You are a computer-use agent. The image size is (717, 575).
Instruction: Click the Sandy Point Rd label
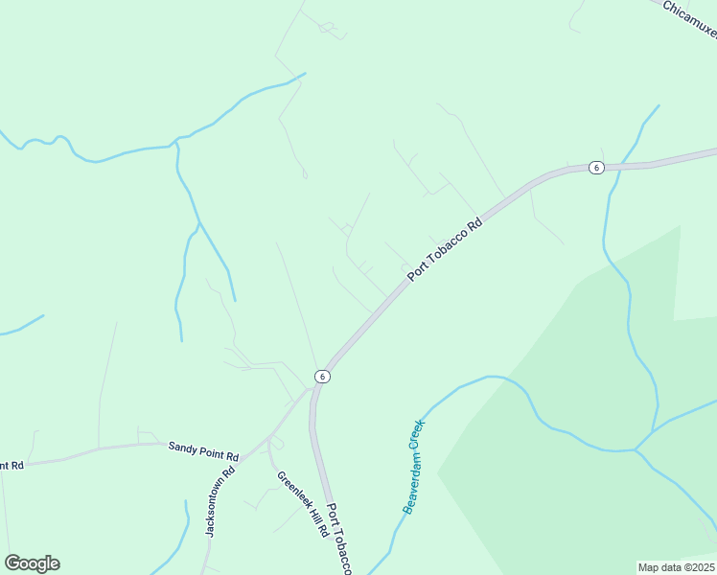tap(202, 447)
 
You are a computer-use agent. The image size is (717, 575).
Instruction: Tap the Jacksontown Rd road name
tap(217, 503)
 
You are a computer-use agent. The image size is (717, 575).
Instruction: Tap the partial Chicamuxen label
tap(691, 19)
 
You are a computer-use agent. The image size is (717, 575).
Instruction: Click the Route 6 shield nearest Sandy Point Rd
tap(323, 377)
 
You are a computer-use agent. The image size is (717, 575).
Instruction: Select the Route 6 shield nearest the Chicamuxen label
tap(596, 168)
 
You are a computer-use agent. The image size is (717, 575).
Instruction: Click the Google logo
tap(32, 563)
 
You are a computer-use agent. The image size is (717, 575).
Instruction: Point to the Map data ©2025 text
tap(676, 567)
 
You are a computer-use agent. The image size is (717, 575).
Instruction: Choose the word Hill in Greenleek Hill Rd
tap(310, 513)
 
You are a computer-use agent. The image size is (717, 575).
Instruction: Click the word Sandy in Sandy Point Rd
tap(183, 446)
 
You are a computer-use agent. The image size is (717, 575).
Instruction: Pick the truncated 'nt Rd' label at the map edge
tap(12, 465)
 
